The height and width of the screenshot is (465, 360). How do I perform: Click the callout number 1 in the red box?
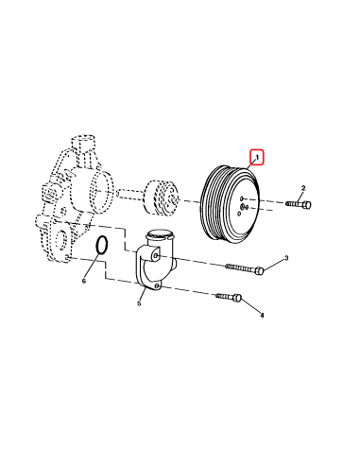point(257,157)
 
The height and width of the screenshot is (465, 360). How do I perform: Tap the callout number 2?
point(303,188)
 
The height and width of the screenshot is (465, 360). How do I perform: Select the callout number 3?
point(286,258)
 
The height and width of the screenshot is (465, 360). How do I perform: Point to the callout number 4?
point(262,315)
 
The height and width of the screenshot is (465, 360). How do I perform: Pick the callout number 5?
point(139,303)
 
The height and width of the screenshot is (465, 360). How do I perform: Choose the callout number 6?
point(84,281)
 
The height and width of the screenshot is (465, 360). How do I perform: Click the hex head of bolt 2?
point(307,205)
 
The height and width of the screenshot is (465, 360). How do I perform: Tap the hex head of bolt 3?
point(259,270)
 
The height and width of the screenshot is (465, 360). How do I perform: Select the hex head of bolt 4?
point(237,297)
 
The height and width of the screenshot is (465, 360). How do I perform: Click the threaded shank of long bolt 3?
point(240,268)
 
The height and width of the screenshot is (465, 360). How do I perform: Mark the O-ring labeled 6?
point(102,245)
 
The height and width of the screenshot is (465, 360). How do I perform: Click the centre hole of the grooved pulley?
point(243,206)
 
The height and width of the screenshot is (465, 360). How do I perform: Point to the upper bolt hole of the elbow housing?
point(157,256)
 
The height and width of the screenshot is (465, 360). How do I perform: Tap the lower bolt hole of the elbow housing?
point(157,285)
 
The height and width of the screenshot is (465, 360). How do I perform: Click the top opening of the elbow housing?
point(160,233)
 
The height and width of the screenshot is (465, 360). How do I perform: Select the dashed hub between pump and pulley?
point(160,197)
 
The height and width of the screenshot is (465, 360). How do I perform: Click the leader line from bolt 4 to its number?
point(250,305)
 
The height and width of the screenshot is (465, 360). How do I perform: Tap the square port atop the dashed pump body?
point(83,143)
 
